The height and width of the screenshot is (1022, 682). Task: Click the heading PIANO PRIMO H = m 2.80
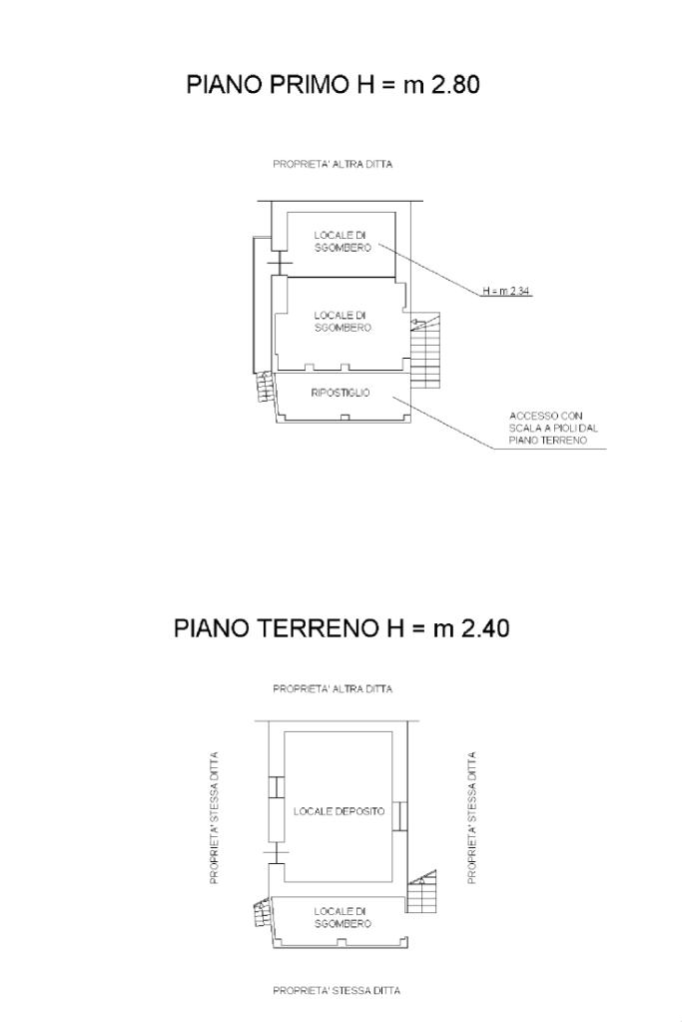pos(334,85)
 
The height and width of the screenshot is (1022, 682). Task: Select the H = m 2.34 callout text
pos(506,291)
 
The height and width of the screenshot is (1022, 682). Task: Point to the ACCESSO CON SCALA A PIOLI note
pos(548,428)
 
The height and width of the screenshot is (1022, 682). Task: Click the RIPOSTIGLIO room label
pos(341,393)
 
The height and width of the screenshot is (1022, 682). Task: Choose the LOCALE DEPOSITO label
pos(339,811)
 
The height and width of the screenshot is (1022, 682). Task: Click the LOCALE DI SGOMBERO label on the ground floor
pos(342,917)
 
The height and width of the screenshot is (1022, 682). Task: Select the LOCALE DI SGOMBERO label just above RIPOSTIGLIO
pos(342,321)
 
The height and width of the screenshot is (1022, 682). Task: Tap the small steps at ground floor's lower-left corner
pos(262,913)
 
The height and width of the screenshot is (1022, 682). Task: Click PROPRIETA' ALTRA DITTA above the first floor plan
pos(333,165)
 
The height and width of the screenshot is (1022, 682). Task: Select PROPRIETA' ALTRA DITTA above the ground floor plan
pos(333,688)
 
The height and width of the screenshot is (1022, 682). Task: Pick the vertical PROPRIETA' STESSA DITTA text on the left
pos(214,817)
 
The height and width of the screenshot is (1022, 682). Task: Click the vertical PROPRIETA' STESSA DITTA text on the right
pos(471,817)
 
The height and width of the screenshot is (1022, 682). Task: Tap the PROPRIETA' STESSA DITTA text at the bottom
pos(337,990)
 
